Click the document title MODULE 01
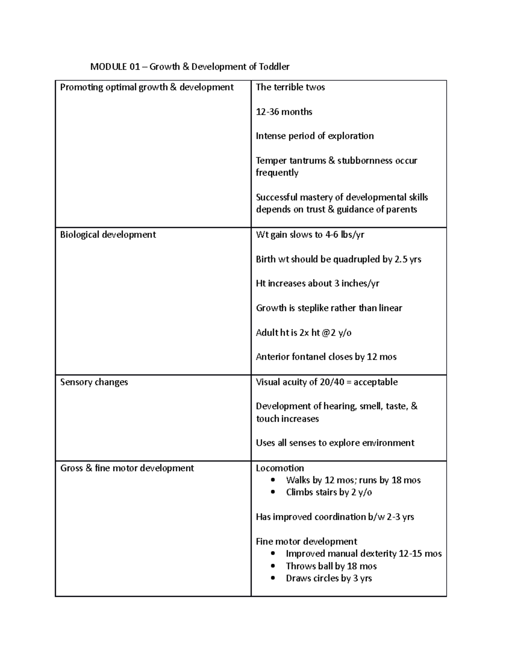(x=190, y=66)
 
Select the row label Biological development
(x=108, y=234)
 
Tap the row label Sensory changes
(x=94, y=382)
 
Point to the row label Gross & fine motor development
(x=127, y=468)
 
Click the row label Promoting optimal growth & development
(x=147, y=87)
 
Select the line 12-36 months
(x=284, y=112)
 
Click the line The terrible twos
(x=290, y=87)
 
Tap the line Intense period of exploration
(x=314, y=136)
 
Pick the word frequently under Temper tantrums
(x=277, y=173)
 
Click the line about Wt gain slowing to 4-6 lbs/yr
(x=310, y=234)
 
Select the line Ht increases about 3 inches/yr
(x=317, y=283)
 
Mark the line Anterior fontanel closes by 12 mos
(x=326, y=357)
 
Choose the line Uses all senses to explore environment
(x=335, y=443)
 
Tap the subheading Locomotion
(x=280, y=468)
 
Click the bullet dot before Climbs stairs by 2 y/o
(x=273, y=492)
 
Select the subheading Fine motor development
(x=306, y=541)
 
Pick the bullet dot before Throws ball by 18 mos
(x=273, y=567)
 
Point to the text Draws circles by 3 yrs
(x=329, y=578)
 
